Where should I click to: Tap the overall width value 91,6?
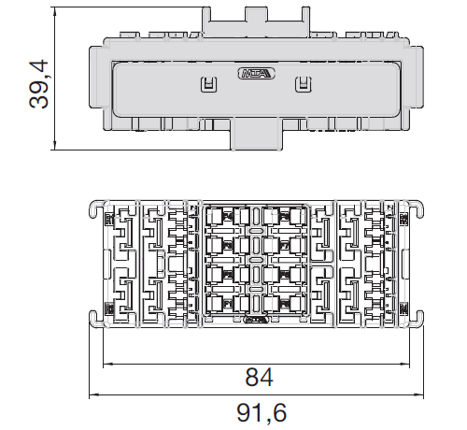coord(260,412)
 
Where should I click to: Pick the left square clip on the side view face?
coord(207,85)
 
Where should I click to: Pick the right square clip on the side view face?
coord(301,85)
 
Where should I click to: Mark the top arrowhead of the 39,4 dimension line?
coord(57,11)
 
